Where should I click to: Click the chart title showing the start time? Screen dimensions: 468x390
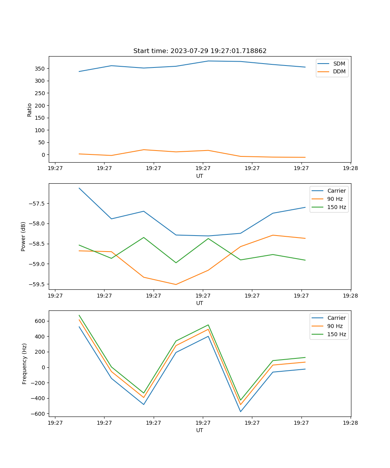point(200,51)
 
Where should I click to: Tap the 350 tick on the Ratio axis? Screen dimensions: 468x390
point(40,69)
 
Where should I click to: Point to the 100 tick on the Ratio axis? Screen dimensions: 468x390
point(40,130)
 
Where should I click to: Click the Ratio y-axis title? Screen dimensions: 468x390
point(30,110)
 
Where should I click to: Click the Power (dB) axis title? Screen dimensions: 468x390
point(23,236)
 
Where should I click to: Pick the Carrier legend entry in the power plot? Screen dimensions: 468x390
point(336,191)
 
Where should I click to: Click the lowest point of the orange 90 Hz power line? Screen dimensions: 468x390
point(176,284)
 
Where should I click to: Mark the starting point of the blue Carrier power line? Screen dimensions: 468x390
point(79,188)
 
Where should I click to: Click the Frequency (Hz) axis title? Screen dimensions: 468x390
point(25,363)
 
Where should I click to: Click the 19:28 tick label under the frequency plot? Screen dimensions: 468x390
point(350,422)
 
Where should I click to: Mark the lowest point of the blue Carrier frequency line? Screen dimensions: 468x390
point(241,411)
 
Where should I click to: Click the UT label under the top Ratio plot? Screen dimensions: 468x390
point(200,176)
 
